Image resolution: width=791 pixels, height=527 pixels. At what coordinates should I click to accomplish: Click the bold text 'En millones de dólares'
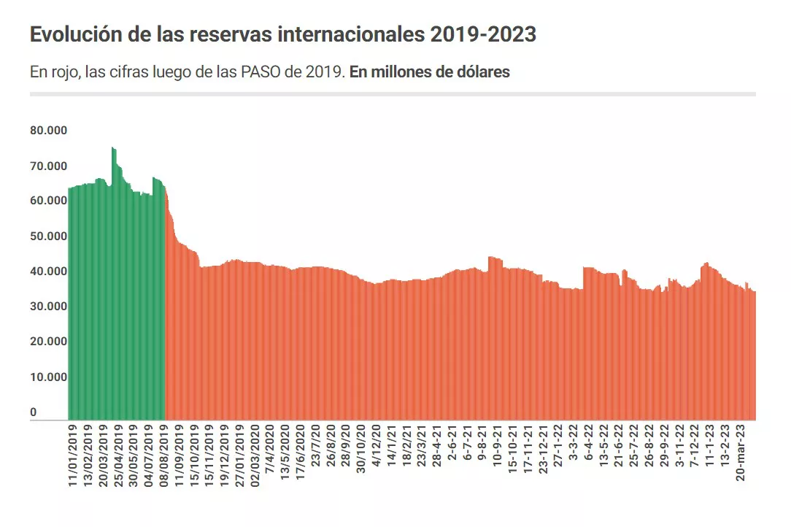tap(430, 72)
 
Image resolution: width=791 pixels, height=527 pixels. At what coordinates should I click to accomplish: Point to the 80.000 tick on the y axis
tap(49, 131)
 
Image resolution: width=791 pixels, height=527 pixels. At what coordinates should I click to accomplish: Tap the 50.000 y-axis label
tap(49, 236)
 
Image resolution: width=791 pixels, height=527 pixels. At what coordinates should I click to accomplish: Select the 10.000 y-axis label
tap(49, 377)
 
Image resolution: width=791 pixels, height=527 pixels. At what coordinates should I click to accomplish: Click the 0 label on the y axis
tap(34, 412)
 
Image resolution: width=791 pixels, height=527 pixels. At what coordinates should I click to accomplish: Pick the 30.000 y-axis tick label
tap(49, 307)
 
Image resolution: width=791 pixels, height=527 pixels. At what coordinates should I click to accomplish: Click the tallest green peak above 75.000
tap(113, 149)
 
